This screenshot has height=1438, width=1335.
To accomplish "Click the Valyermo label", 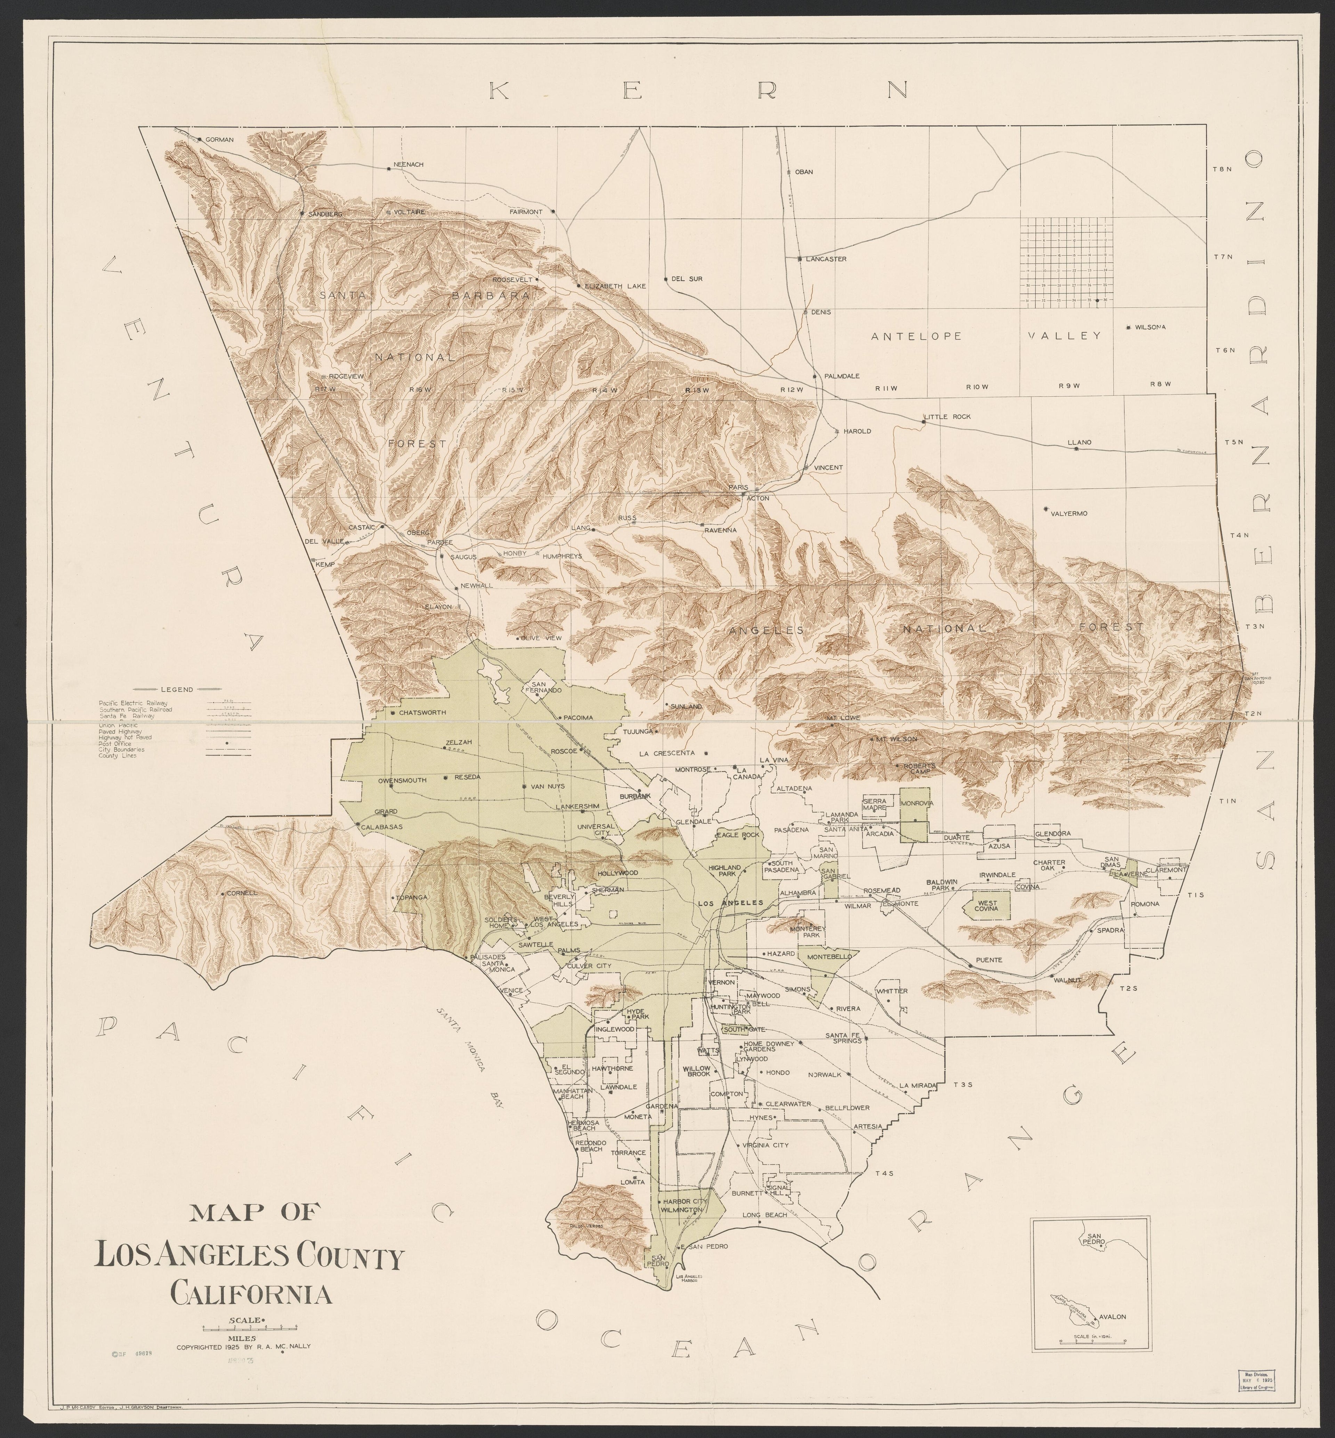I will point(1068,514).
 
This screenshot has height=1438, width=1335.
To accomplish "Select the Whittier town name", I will point(893,991).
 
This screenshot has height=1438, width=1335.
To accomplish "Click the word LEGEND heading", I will point(176,689).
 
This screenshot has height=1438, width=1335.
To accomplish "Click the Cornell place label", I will point(242,893).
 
